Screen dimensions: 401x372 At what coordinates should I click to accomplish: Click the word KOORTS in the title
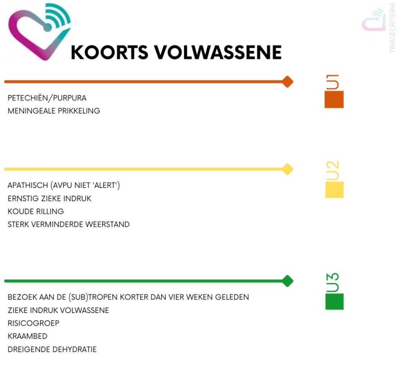tap(110, 52)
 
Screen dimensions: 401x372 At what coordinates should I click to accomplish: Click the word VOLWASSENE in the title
tap(218, 52)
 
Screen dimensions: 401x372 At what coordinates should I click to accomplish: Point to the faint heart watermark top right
tap(374, 20)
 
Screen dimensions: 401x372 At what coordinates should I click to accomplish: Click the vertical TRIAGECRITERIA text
tap(392, 28)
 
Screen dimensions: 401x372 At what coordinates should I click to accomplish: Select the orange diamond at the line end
tap(287, 82)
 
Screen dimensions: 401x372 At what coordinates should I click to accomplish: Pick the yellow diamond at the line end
tap(287, 169)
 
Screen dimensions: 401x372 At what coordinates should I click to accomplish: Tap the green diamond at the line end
tap(287, 281)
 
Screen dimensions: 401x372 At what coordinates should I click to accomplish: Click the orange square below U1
tap(334, 99)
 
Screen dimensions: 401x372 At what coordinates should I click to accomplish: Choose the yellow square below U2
tap(334, 190)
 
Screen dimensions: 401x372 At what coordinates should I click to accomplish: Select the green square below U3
tap(334, 302)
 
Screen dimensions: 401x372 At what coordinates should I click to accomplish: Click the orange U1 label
tap(333, 82)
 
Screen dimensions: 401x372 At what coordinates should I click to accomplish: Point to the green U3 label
tap(333, 282)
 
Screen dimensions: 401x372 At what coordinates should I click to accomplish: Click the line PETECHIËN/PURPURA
tap(47, 98)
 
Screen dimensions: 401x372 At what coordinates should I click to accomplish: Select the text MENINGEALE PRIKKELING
tap(54, 111)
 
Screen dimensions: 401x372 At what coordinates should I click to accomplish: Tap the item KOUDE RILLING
tap(36, 211)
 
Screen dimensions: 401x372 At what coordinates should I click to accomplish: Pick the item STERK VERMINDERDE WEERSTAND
tap(69, 224)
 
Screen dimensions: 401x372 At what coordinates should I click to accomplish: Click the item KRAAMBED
tap(28, 336)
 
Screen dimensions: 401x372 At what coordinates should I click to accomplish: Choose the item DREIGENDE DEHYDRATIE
tap(52, 349)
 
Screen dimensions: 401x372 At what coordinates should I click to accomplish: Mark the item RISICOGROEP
tap(34, 323)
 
